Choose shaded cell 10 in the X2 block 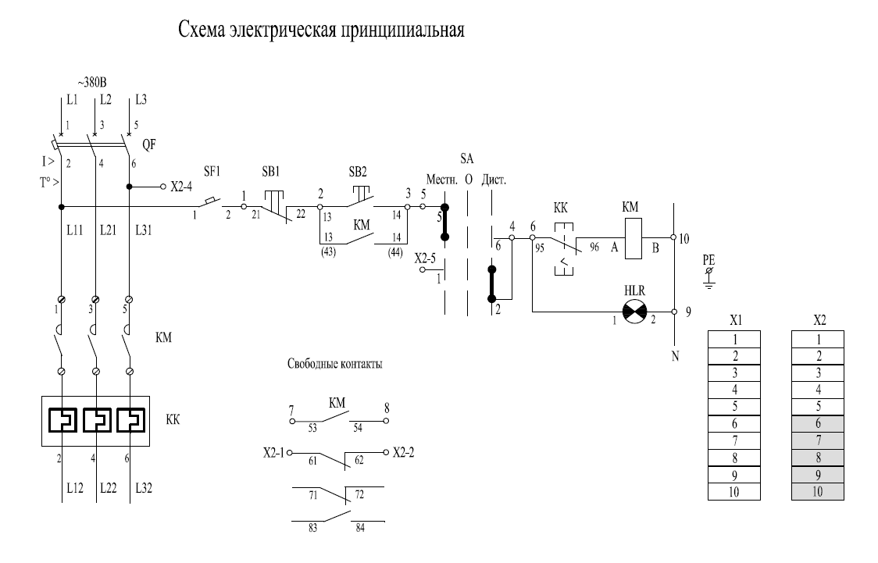point(818,493)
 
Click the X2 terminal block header point(818,321)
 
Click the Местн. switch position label point(441,179)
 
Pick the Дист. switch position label point(494,179)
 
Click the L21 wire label point(109,230)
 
